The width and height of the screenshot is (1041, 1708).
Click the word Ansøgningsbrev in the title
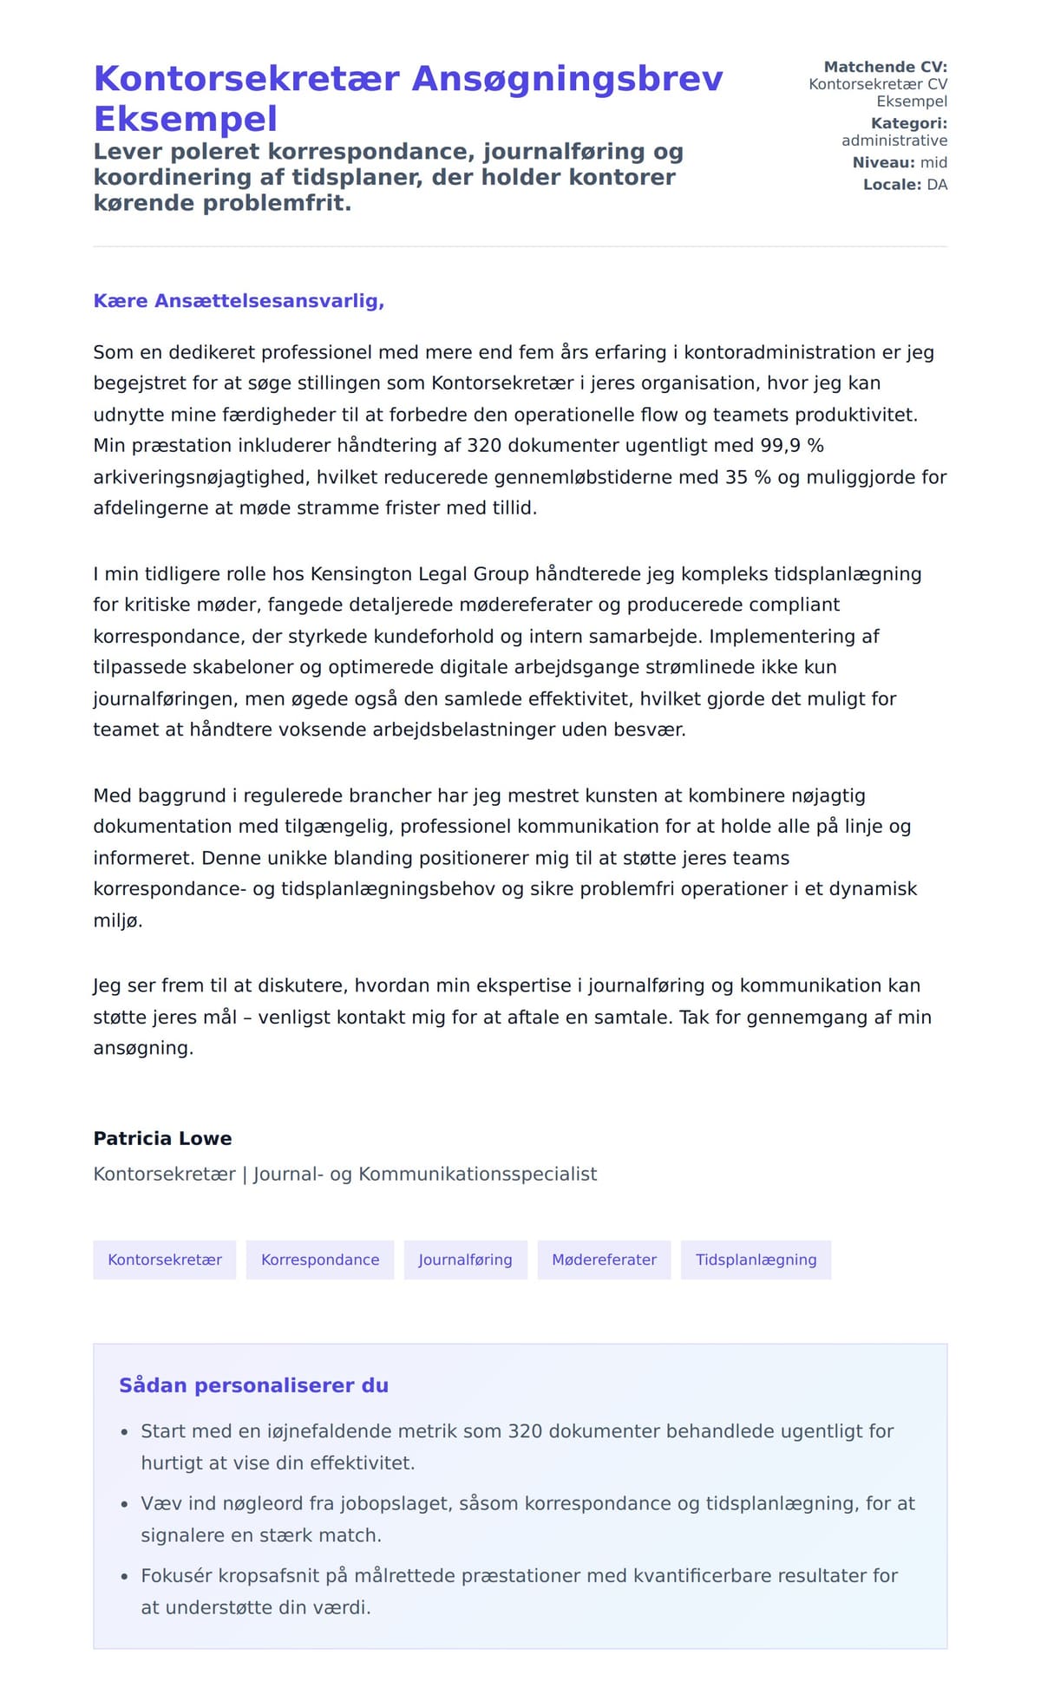(x=566, y=79)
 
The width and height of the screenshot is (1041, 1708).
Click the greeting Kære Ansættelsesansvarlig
(x=239, y=301)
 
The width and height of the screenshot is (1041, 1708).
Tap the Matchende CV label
(x=885, y=67)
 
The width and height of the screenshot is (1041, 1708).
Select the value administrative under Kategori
(x=894, y=141)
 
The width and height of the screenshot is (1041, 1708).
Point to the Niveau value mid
(x=933, y=163)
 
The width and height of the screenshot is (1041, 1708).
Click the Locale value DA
(x=937, y=185)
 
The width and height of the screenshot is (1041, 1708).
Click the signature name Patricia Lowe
(x=162, y=1139)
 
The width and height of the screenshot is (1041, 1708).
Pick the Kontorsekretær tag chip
(x=165, y=1260)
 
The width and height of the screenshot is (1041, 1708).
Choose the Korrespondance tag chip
(x=320, y=1260)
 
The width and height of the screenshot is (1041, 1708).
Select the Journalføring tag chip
(x=465, y=1260)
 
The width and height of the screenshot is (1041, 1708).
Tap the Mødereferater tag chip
(x=604, y=1260)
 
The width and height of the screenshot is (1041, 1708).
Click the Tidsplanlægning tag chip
(x=756, y=1260)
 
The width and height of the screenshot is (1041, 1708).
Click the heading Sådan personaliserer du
(x=253, y=1385)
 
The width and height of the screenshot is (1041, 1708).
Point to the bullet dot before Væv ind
(x=124, y=1505)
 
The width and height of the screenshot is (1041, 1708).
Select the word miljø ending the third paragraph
(x=117, y=920)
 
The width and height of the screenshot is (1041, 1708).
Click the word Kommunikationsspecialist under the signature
(x=477, y=1175)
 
